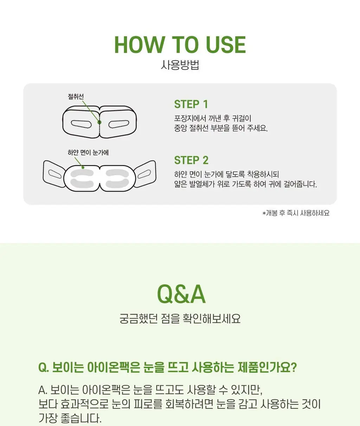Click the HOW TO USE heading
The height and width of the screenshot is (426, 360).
click(180, 45)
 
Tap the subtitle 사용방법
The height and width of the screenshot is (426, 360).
click(180, 65)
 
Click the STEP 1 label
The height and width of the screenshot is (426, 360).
click(191, 104)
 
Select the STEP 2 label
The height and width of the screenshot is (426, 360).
click(191, 160)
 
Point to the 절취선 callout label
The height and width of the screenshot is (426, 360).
click(76, 97)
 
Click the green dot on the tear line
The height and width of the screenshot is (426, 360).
click(99, 122)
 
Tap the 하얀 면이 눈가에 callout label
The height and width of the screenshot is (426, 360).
click(88, 152)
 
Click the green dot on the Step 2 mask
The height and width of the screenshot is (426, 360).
click(83, 167)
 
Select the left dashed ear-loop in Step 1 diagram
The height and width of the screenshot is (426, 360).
click(81, 124)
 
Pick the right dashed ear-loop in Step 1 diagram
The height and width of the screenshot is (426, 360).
click(118, 124)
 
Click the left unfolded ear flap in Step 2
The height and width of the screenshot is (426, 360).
click(54, 173)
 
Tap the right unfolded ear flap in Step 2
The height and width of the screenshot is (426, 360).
click(145, 173)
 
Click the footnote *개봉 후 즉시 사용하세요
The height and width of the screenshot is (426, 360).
click(296, 213)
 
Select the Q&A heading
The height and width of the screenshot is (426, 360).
click(181, 294)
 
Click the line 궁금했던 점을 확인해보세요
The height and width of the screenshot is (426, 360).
click(180, 319)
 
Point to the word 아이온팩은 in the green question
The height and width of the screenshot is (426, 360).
click(114, 367)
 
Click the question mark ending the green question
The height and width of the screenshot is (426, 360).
click(293, 367)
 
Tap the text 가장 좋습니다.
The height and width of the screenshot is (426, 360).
click(70, 418)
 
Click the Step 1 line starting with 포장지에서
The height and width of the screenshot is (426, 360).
click(213, 118)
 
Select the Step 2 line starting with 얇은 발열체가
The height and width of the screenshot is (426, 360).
click(245, 184)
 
